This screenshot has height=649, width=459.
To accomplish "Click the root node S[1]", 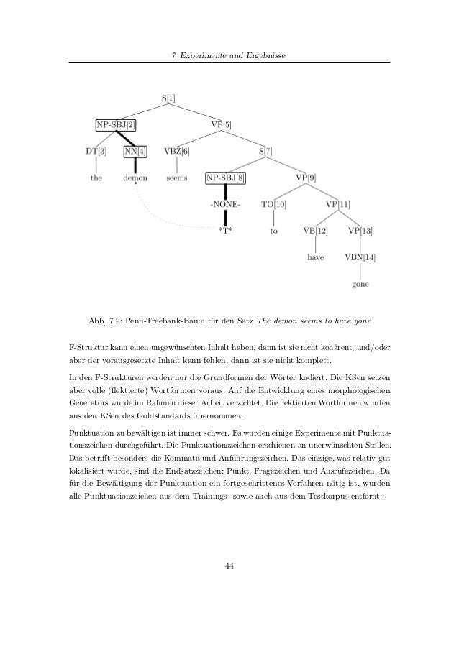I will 167,97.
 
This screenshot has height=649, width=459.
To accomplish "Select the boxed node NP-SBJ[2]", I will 116,124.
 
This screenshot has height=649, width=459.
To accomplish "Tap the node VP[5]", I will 221,124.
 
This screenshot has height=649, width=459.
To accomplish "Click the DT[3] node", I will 96,151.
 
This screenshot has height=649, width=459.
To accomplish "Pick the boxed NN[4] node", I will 135,151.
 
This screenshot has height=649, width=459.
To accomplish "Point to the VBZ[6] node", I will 177,151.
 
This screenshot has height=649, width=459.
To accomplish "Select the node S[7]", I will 265,151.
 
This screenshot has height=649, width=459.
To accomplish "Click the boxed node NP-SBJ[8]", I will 226,178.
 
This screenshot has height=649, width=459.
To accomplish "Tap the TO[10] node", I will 273,204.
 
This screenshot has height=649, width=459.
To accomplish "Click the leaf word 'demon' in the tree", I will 135,178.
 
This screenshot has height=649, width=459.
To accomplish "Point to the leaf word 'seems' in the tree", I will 177,178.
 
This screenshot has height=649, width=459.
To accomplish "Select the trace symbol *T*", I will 226,231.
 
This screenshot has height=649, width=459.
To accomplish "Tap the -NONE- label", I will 226,204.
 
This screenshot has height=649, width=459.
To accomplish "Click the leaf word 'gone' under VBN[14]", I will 360,284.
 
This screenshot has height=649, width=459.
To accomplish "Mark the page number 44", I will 229,566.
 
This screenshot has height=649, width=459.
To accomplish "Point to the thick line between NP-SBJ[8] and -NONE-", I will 226,191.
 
